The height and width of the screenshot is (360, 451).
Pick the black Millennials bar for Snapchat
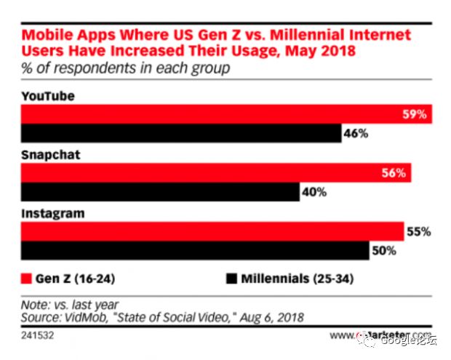click(x=159, y=193)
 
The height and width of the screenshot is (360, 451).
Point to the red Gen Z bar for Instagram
click(x=212, y=232)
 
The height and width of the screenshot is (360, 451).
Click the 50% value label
click(x=383, y=251)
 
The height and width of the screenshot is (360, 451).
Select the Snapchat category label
click(x=50, y=156)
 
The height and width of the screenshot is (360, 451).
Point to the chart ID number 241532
click(x=36, y=337)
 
